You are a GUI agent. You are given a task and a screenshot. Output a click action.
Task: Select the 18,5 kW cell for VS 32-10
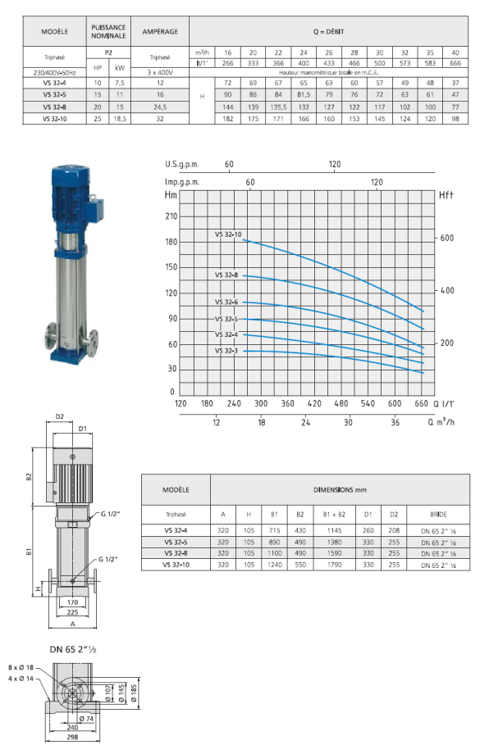pyautogui.click(x=120, y=119)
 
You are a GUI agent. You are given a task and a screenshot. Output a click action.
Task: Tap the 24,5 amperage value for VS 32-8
pyautogui.click(x=160, y=107)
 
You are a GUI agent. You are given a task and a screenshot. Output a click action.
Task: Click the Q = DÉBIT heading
pyautogui.click(x=332, y=31)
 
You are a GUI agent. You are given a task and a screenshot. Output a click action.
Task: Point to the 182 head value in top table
pyautogui.click(x=231, y=119)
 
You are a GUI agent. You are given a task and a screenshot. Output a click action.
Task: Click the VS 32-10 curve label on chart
pyautogui.click(x=228, y=235)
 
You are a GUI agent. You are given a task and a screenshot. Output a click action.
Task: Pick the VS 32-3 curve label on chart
pyautogui.click(x=226, y=351)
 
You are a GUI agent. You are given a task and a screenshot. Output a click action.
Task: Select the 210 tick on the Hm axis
pyautogui.click(x=171, y=216)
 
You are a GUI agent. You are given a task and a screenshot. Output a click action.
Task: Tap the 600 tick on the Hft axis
pyautogui.click(x=446, y=238)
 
